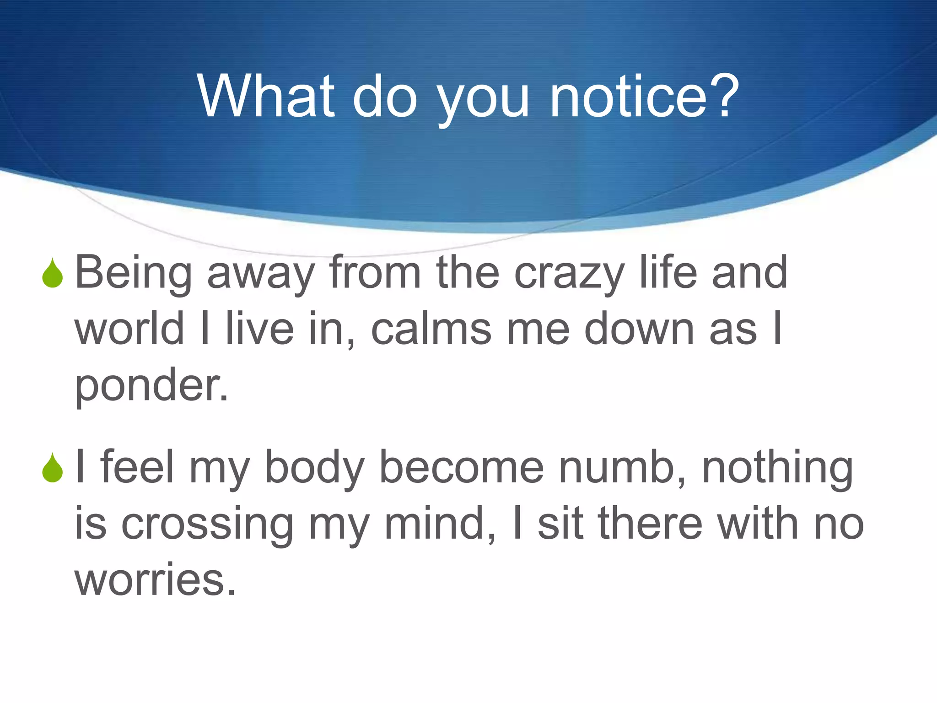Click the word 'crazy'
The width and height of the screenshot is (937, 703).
point(569,274)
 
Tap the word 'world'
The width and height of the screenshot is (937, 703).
point(129,329)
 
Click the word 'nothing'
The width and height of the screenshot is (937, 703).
point(777,468)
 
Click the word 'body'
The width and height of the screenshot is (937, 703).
point(314,468)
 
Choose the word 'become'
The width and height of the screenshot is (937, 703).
point(461,467)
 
